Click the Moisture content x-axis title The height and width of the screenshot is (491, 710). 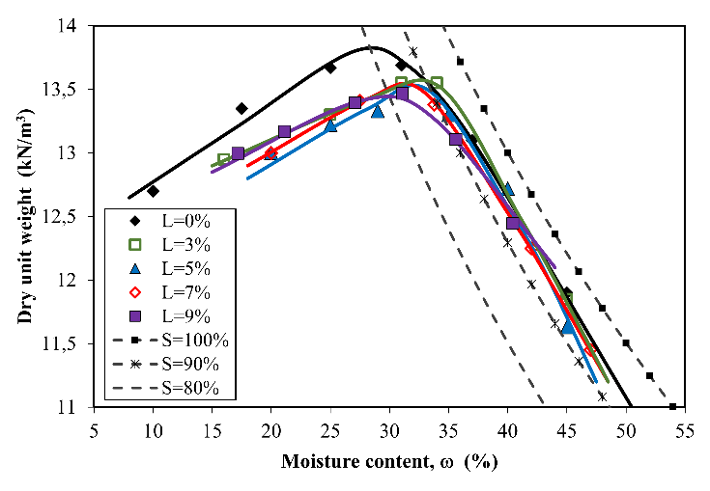(x=389, y=462)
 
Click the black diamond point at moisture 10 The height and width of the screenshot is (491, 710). (x=154, y=191)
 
